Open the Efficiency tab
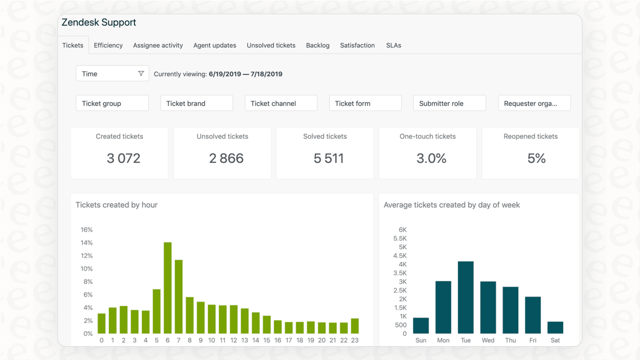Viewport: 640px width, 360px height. tap(108, 45)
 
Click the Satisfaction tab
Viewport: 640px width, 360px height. tap(357, 45)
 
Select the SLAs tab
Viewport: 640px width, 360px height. tap(394, 45)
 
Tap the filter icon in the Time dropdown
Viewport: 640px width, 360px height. tap(141, 74)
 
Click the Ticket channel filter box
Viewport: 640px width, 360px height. tap(281, 103)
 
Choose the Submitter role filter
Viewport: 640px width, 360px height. tap(449, 103)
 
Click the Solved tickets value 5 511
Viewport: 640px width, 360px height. tap(328, 158)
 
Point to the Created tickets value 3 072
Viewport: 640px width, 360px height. tap(123, 158)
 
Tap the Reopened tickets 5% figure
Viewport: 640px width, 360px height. tap(536, 158)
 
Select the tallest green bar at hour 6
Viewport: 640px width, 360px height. tap(168, 288)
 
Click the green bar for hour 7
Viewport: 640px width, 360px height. tap(179, 297)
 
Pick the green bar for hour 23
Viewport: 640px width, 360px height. tap(355, 326)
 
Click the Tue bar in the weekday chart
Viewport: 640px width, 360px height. tap(466, 298)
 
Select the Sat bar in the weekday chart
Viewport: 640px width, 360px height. tap(555, 328)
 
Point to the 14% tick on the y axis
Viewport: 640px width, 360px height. tap(86, 243)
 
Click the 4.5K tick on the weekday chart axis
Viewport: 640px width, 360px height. tap(400, 256)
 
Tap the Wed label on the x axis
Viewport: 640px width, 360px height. tap(488, 340)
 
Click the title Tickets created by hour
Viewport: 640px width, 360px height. tap(117, 205)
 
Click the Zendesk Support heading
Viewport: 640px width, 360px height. tap(99, 22)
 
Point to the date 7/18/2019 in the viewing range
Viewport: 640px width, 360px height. tap(266, 74)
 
